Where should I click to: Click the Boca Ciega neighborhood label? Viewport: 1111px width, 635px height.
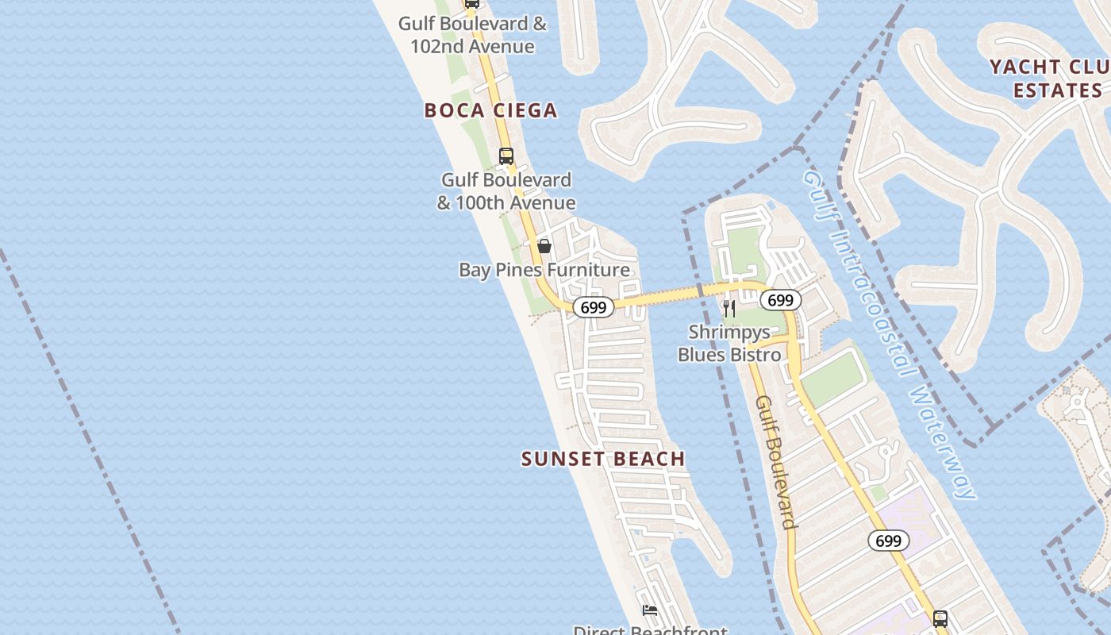coord(490,110)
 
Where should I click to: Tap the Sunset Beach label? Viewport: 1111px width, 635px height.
coord(603,459)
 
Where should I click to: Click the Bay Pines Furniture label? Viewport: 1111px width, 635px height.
coord(544,270)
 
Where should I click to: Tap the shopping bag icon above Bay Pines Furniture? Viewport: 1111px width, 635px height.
coord(544,246)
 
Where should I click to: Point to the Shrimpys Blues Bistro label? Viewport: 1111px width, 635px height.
coord(729,343)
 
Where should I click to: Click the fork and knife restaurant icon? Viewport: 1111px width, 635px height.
coord(729,308)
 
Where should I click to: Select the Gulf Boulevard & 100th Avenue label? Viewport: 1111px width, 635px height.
coord(506,192)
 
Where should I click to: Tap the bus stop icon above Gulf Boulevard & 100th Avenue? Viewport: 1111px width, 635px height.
coord(506,156)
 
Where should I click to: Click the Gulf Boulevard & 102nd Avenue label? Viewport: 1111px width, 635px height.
coord(472,35)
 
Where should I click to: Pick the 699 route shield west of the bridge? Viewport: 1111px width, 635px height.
coord(593,307)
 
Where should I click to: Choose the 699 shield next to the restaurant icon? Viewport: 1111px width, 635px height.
coord(781,300)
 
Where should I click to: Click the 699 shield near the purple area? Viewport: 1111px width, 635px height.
coord(888,541)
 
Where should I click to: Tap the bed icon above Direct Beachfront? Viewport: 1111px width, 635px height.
coord(650,610)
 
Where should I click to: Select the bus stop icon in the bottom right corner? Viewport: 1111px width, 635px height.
coord(940,618)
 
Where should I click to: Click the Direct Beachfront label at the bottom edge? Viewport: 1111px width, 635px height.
coord(650,629)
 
